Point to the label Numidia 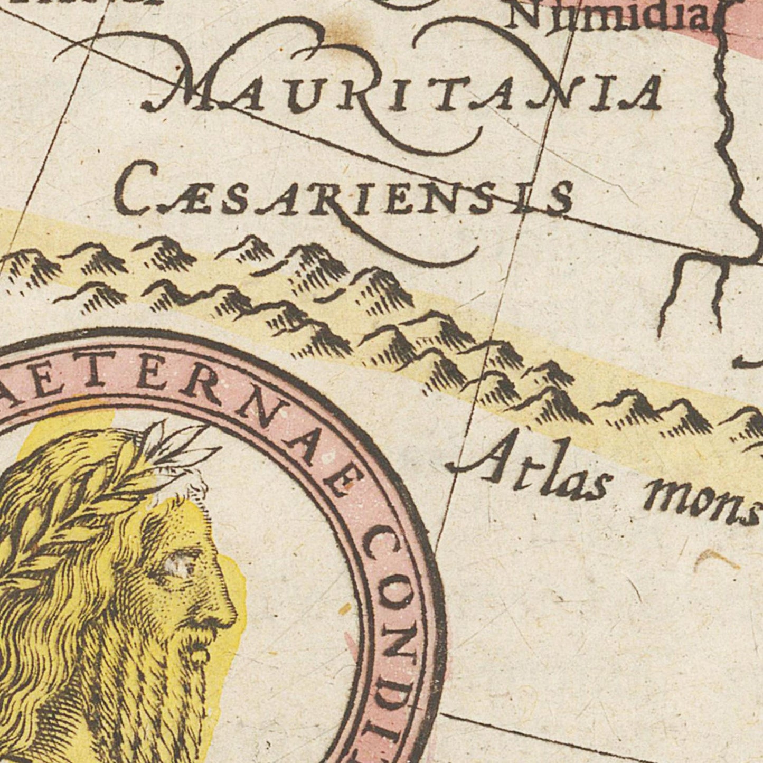(613, 18)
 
